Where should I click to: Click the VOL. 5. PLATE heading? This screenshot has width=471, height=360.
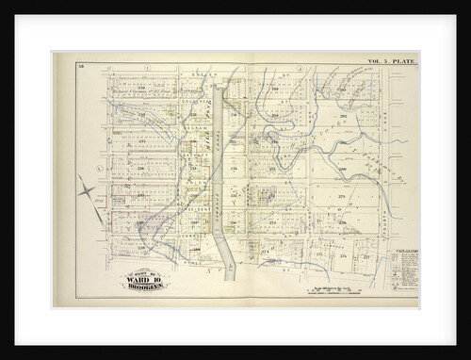[392, 61]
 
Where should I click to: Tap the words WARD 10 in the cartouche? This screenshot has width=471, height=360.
[143, 278]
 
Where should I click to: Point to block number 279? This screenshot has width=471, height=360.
[342, 197]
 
